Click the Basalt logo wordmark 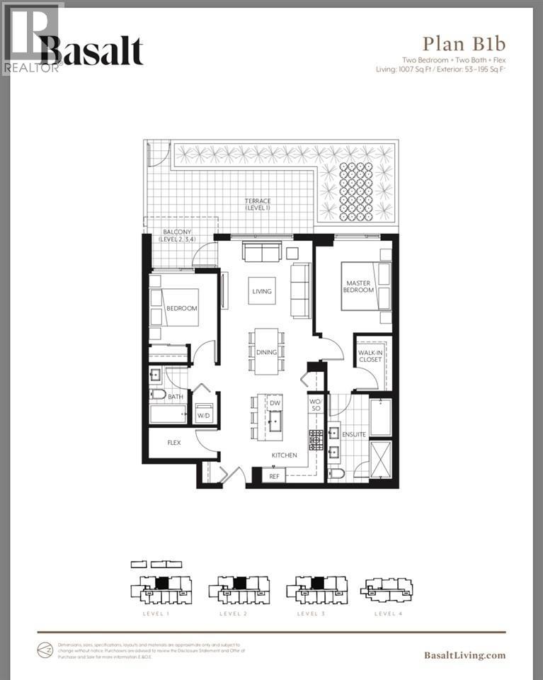pyautogui.click(x=91, y=51)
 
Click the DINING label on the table pyautogui.click(x=265, y=351)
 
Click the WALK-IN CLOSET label pyautogui.click(x=370, y=355)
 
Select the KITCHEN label pyautogui.click(x=282, y=455)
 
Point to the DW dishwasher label pyautogui.click(x=275, y=402)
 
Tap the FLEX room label pyautogui.click(x=173, y=443)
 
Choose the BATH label pyautogui.click(x=175, y=397)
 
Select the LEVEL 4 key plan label pyautogui.click(x=389, y=613)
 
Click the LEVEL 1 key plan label pyautogui.click(x=155, y=613)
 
